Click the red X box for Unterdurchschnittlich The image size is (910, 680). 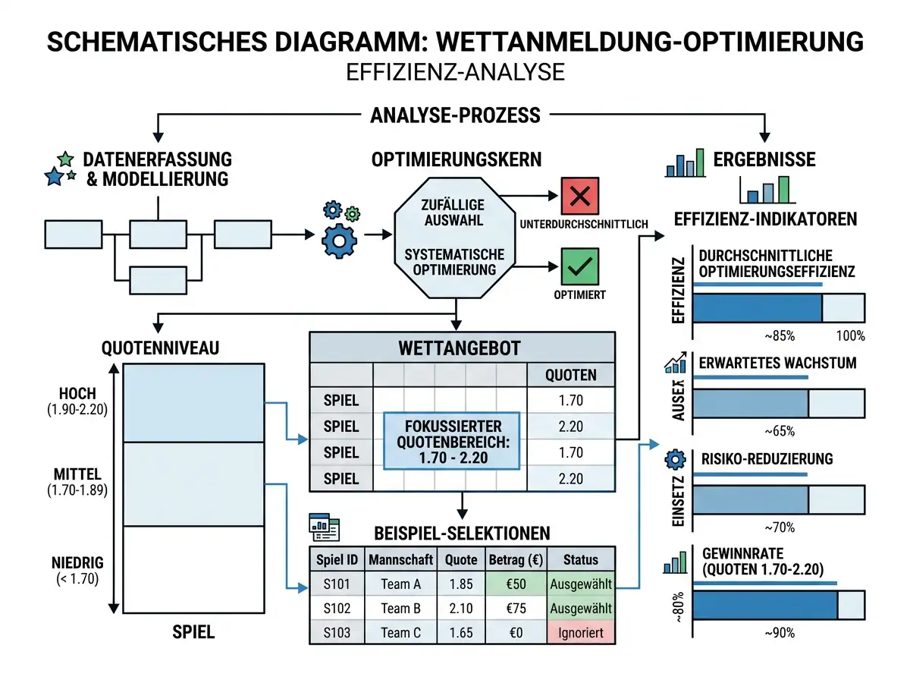(579, 196)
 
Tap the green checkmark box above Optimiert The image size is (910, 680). (579, 266)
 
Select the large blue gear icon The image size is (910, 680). (339, 241)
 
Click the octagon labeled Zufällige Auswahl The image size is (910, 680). (455, 238)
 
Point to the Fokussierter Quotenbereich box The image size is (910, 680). (451, 441)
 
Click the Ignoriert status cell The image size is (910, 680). (580, 632)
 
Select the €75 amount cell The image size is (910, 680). (516, 608)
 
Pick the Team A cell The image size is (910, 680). (400, 584)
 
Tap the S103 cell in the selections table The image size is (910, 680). (337, 632)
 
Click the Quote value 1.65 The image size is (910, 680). (460, 632)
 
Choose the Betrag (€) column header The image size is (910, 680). (516, 559)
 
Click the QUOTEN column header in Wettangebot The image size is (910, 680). (570, 375)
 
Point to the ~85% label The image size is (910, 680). (780, 335)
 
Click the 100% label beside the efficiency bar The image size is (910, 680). (850, 335)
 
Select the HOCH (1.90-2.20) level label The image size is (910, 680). (77, 401)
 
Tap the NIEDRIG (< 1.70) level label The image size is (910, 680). (77, 571)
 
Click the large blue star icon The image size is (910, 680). (55, 176)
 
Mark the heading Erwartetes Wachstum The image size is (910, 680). (777, 363)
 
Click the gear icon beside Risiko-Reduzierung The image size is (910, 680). (675, 459)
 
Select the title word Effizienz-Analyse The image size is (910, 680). (455, 72)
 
